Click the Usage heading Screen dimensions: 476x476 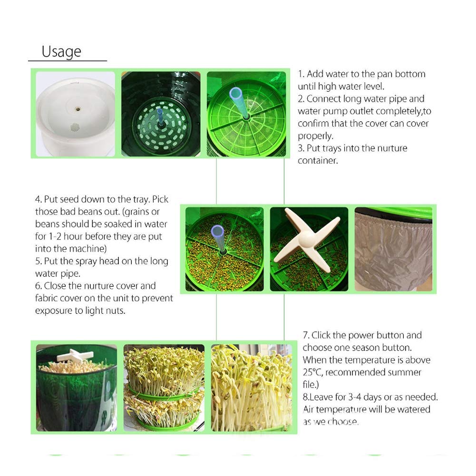(x=61, y=51)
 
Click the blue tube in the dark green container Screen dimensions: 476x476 (x=160, y=116)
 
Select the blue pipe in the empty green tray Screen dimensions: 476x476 (x=239, y=102)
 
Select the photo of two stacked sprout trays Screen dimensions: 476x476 (x=164, y=388)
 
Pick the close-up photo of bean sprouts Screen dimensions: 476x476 (x=252, y=388)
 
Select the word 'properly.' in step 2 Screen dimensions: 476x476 (x=315, y=136)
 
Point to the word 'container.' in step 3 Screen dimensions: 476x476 (x=318, y=161)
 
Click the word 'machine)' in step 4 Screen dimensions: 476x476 (x=89, y=249)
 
